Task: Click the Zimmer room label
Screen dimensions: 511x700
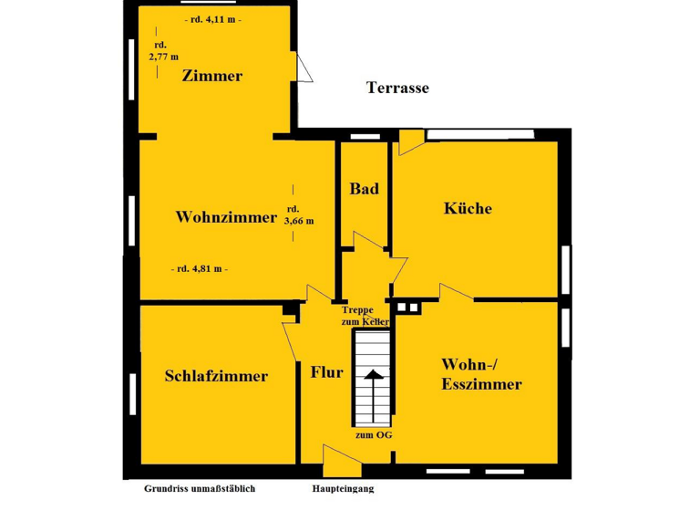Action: click(x=211, y=77)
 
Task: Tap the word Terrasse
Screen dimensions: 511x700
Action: click(x=397, y=89)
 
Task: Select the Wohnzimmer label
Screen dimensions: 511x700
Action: click(x=226, y=218)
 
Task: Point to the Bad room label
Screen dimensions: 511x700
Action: click(x=364, y=190)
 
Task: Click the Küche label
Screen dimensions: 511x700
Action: click(x=468, y=209)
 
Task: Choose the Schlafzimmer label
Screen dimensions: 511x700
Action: click(x=216, y=376)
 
